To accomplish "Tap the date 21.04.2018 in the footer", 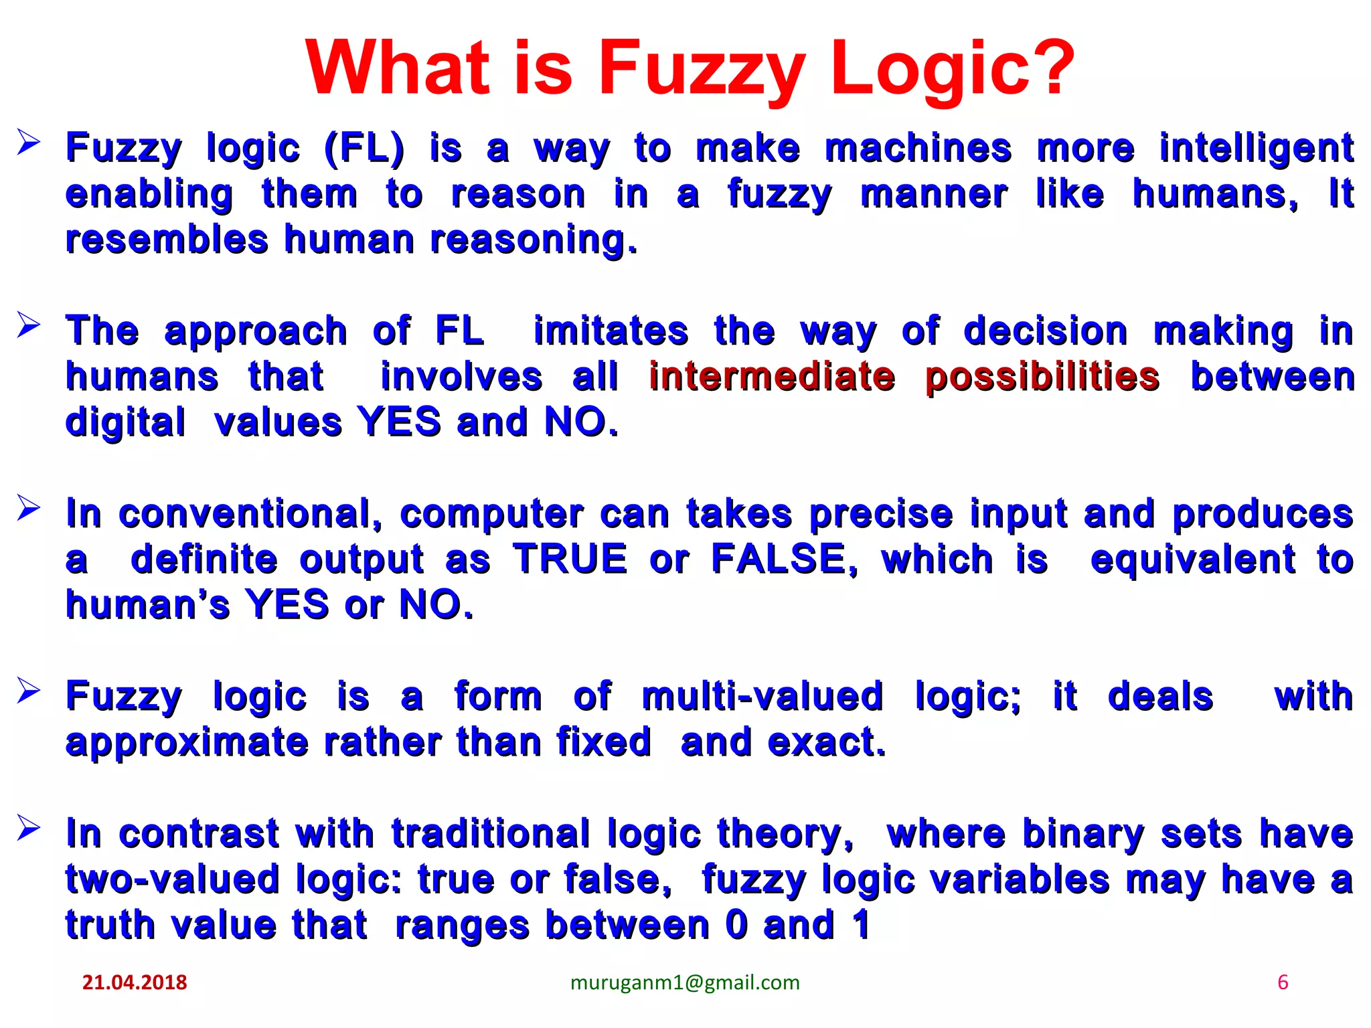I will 135,982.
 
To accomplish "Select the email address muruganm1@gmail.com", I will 685,982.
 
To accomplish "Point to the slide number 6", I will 1283,982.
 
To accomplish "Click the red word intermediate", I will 772,377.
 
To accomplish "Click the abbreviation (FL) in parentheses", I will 364,149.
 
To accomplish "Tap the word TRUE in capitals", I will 570,560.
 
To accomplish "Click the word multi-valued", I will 762,697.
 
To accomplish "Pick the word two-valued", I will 172,879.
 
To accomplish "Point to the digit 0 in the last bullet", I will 736,925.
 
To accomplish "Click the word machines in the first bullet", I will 918,148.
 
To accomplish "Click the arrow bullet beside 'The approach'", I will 29,325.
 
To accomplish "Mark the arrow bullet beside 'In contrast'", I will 29,828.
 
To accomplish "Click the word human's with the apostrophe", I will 147,606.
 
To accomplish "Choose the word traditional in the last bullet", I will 491,834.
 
